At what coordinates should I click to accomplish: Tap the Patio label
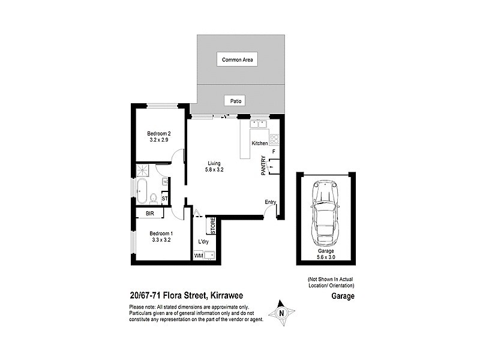click(x=236, y=101)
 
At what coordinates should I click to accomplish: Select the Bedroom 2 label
click(x=160, y=134)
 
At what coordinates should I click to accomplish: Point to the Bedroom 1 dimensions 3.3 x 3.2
click(x=160, y=239)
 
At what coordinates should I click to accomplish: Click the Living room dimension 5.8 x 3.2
click(x=214, y=170)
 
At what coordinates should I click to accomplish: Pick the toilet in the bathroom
click(x=154, y=197)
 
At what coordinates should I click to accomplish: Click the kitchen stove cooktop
click(x=274, y=139)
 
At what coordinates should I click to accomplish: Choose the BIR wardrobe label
click(x=150, y=213)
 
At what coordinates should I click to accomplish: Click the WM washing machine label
click(x=198, y=256)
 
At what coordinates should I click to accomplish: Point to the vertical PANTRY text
click(x=263, y=165)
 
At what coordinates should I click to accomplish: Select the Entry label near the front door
click(x=270, y=202)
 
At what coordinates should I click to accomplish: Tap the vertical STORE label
click(x=213, y=226)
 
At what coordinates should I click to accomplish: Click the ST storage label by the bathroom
click(x=164, y=198)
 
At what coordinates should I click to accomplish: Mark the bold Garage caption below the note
click(x=343, y=296)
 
